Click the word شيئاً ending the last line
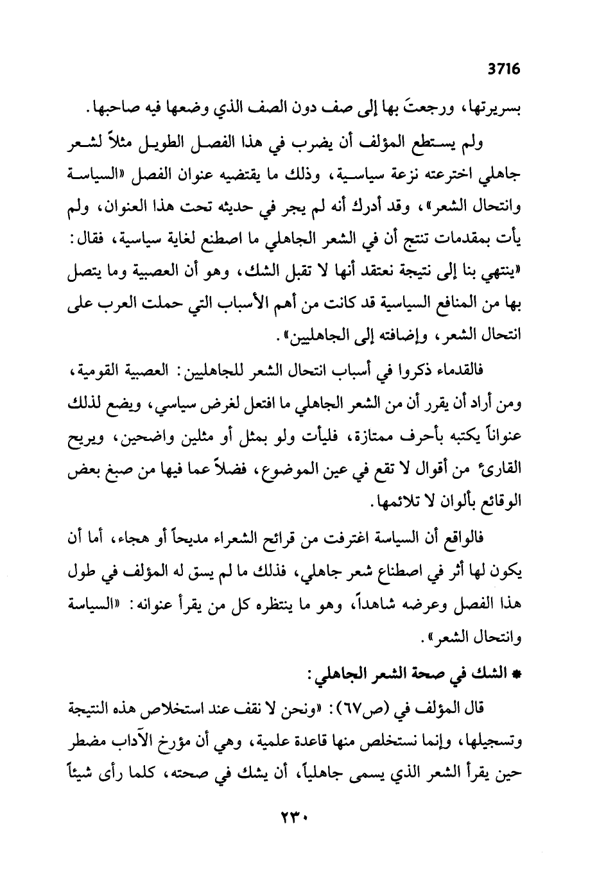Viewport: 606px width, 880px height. tap(83, 775)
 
